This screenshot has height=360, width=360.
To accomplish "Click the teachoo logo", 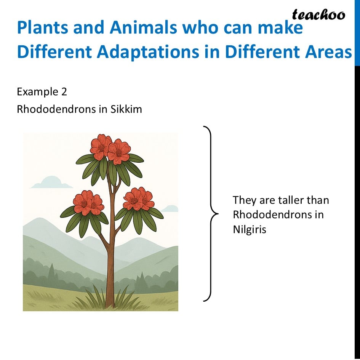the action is pos(318,15).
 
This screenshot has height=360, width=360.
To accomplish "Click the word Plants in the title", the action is pos(43,27).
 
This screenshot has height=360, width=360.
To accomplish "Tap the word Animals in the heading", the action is pos(143,27).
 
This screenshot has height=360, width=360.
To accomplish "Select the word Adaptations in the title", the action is pos(148,52).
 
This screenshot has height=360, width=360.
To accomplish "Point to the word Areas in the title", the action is pos(328,52).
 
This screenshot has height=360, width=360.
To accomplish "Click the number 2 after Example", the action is pos(64,92).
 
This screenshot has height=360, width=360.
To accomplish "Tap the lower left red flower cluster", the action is pos(88,203).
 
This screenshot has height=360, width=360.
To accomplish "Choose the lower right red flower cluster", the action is pos(139,199).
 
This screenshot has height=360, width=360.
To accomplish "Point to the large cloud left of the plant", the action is pos(51,182).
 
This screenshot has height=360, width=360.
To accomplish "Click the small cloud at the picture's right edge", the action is pos(170,208).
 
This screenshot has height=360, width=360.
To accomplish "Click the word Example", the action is pos(38,92).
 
